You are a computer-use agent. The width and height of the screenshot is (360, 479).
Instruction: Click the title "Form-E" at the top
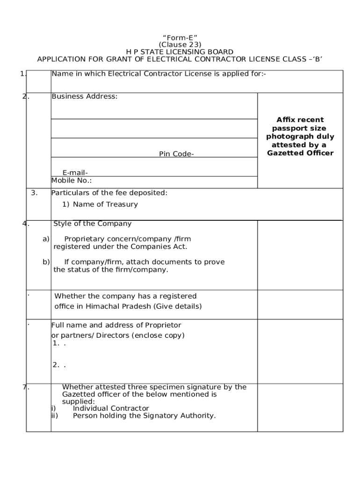pyautogui.click(x=180, y=37)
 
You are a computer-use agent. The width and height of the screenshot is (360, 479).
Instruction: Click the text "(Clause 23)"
pyautogui.click(x=180, y=44)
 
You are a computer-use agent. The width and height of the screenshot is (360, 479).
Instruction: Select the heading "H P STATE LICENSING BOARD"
pyautogui.click(x=180, y=52)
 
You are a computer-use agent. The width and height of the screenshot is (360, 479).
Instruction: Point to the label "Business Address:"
pyautogui.click(x=84, y=96)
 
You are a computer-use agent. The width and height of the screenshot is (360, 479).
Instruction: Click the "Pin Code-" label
pyautogui.click(x=176, y=154)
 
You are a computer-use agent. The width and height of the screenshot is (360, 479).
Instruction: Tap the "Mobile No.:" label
pyautogui.click(x=71, y=181)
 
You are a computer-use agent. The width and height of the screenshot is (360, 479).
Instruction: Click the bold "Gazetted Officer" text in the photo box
pyautogui.click(x=300, y=153)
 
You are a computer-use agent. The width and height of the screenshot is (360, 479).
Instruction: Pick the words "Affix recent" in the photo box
pyautogui.click(x=300, y=120)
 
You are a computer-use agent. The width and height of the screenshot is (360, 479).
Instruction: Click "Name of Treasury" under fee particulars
pyautogui.click(x=105, y=204)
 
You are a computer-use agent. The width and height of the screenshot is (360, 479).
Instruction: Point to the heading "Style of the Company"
pyautogui.click(x=93, y=224)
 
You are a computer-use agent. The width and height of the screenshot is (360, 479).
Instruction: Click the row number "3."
pyautogui.click(x=34, y=193)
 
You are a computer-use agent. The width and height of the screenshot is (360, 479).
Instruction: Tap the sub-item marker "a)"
pyautogui.click(x=46, y=239)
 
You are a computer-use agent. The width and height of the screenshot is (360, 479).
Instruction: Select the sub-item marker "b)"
pyautogui.click(x=46, y=262)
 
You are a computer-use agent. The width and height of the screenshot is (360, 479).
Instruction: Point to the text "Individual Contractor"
pyautogui.click(x=111, y=408)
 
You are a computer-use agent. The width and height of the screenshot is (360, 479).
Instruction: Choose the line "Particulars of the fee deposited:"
pyautogui.click(x=109, y=193)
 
